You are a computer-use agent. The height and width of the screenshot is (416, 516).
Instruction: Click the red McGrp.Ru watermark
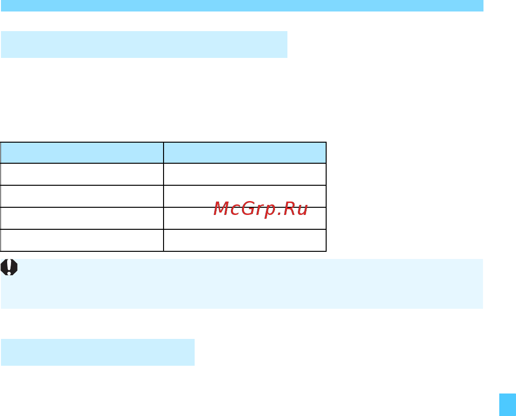(x=261, y=209)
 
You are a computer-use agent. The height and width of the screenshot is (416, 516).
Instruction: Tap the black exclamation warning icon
(x=9, y=267)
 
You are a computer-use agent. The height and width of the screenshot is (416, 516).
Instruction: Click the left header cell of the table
(x=82, y=153)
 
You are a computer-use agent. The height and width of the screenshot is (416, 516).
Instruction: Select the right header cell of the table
(x=245, y=153)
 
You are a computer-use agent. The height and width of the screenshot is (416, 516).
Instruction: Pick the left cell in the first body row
(x=82, y=174)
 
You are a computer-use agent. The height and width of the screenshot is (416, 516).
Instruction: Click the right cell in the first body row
(x=245, y=174)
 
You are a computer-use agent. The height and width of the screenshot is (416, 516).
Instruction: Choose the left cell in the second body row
(x=82, y=196)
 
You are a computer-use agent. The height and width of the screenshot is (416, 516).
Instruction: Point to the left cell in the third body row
(x=82, y=218)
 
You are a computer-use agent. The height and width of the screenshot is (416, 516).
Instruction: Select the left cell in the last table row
(x=82, y=240)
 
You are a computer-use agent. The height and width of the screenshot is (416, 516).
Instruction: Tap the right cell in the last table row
(x=245, y=240)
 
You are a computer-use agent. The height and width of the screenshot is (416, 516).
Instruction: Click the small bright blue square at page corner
(x=507, y=405)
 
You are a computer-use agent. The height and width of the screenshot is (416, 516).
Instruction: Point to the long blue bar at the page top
(x=242, y=6)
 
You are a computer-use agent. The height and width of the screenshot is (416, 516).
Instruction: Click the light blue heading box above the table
(x=144, y=45)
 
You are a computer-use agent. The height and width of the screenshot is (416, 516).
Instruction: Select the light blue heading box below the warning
(x=98, y=352)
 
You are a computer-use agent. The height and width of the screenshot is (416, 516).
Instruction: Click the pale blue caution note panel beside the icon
(x=242, y=284)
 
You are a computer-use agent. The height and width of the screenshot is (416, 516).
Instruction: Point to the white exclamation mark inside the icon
(x=9, y=267)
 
